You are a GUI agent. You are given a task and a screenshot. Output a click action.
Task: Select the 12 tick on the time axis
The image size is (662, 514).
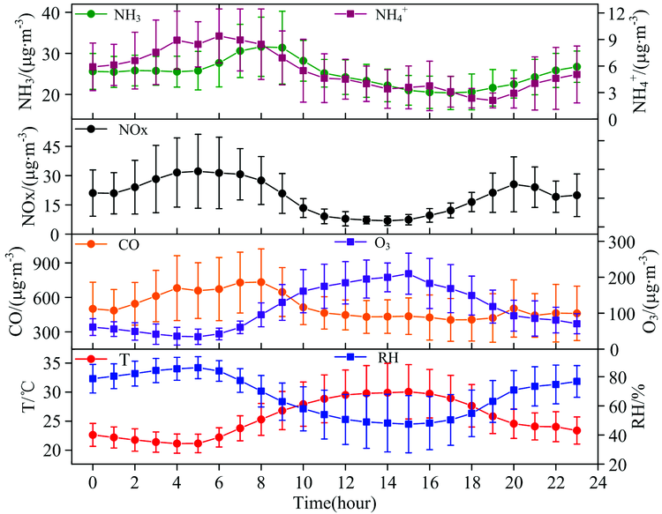tap(345, 481)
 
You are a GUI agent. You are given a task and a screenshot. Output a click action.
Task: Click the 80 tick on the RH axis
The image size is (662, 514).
tap(614, 377)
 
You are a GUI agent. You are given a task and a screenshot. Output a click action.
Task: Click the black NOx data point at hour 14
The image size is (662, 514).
tap(387, 220)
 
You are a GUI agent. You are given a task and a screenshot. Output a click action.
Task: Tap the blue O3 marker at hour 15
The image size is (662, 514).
tap(408, 273)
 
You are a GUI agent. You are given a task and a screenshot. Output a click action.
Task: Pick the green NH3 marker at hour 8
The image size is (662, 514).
tap(260, 47)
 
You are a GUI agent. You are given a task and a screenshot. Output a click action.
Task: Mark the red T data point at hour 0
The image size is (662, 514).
tap(93, 435)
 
